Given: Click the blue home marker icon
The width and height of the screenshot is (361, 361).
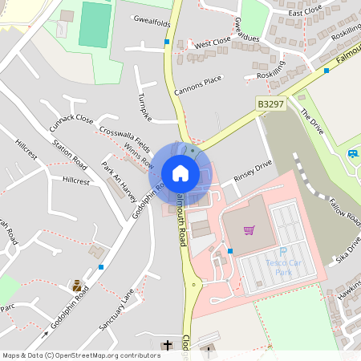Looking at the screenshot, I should pyautogui.click(x=180, y=173).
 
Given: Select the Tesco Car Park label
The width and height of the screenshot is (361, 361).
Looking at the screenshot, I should pyautogui.click(x=278, y=267).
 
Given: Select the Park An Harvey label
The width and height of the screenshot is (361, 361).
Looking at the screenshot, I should pyautogui.click(x=119, y=181).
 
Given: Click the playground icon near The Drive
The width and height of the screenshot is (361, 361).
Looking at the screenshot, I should pyautogui.click(x=352, y=153).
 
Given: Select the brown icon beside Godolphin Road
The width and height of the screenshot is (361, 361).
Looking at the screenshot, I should pyautogui.click(x=77, y=285).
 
